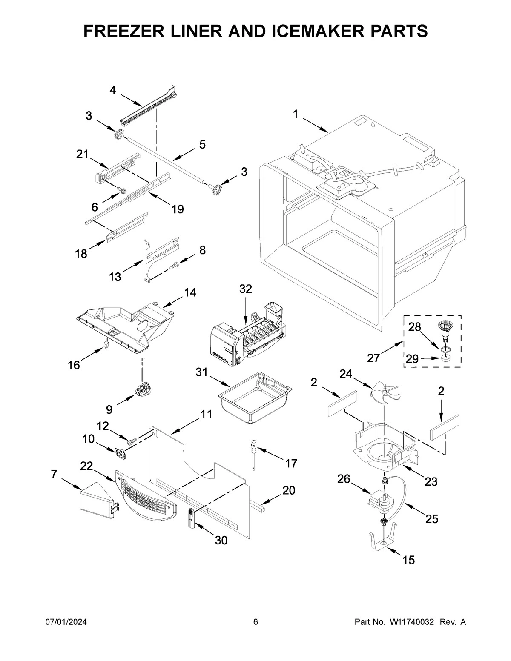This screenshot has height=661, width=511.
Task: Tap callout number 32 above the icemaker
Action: pyautogui.click(x=245, y=289)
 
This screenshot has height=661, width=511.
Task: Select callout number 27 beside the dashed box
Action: pyautogui.click(x=373, y=358)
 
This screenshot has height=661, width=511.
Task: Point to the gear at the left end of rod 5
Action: pyautogui.click(x=119, y=135)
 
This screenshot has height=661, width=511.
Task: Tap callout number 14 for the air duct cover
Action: pyautogui.click(x=190, y=292)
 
